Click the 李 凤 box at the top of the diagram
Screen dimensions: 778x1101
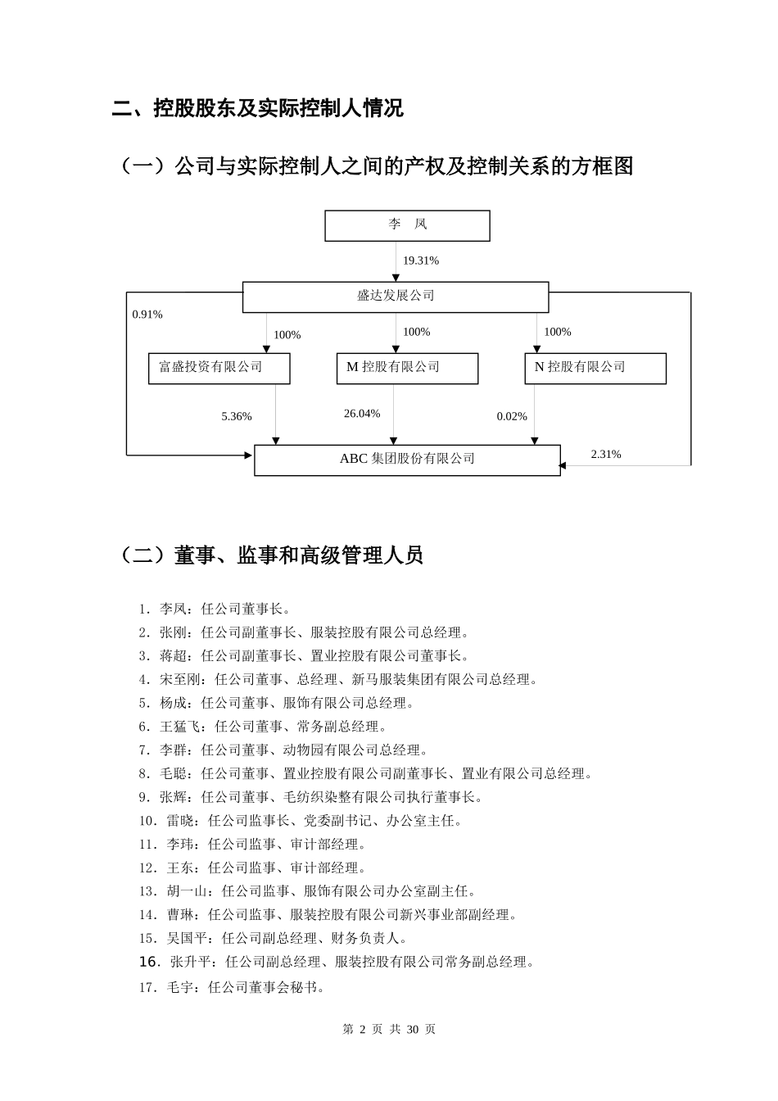(x=407, y=225)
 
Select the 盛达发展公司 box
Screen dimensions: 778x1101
(x=396, y=297)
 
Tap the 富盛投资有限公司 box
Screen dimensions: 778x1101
(x=219, y=368)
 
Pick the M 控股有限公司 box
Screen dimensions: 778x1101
(x=407, y=368)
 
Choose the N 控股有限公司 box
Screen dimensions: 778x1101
(x=595, y=368)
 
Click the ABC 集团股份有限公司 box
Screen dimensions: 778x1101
(x=407, y=460)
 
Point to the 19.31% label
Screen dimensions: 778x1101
(x=420, y=261)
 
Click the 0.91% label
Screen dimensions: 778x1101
(x=147, y=315)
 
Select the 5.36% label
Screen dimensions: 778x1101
(x=237, y=417)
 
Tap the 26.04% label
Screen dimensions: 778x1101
(x=362, y=414)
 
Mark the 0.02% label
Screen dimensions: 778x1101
(x=512, y=417)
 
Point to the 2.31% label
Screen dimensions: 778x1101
(x=606, y=455)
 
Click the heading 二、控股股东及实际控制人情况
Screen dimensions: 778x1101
(x=258, y=108)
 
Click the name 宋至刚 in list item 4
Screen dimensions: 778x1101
(x=180, y=679)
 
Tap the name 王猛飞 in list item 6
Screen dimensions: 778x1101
(x=180, y=727)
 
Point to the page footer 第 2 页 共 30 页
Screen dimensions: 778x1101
(x=388, y=1030)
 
